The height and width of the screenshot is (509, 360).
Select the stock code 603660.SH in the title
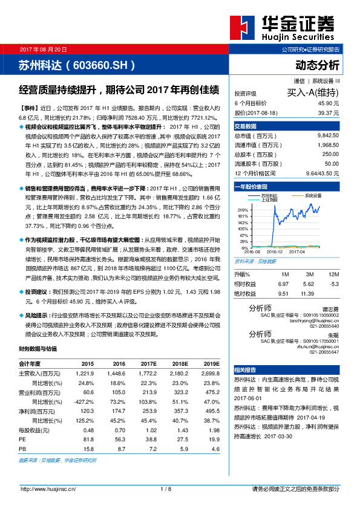click(x=99, y=64)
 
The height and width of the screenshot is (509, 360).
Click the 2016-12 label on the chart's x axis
click(x=275, y=251)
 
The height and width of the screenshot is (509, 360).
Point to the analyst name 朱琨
click(x=333, y=334)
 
